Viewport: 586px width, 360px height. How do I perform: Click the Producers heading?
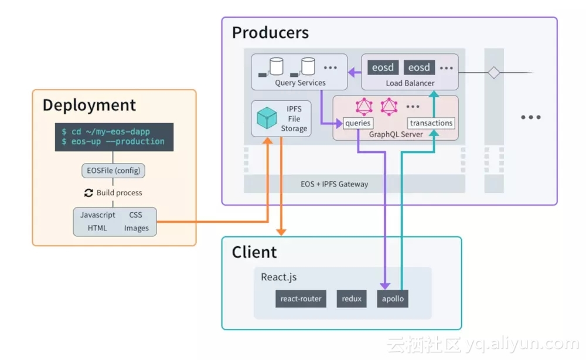point(270,32)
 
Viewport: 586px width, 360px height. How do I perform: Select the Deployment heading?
point(89,106)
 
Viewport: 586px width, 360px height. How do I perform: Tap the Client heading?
point(254,252)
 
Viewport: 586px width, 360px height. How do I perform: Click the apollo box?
point(393,299)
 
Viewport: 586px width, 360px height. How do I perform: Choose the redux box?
point(352,299)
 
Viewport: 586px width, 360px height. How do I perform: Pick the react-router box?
point(301,299)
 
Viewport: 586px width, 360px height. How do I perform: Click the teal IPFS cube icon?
point(267,119)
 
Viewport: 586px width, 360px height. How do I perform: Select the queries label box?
point(358,123)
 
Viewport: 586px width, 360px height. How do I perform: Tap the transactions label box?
point(431,123)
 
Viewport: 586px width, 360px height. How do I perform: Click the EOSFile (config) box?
point(113,171)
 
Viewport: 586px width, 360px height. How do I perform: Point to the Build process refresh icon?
point(88,193)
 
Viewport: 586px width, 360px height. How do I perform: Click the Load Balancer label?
point(410,83)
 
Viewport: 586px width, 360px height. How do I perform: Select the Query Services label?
point(300,83)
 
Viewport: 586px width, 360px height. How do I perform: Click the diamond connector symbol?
point(494,73)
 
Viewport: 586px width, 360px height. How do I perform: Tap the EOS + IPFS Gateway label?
point(335,184)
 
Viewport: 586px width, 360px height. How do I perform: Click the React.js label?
point(278,277)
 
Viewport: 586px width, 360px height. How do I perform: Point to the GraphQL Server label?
point(396,134)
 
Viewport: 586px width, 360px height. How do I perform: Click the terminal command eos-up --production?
point(113,142)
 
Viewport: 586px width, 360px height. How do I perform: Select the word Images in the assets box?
point(136,228)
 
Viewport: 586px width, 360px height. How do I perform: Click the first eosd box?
point(383,67)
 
